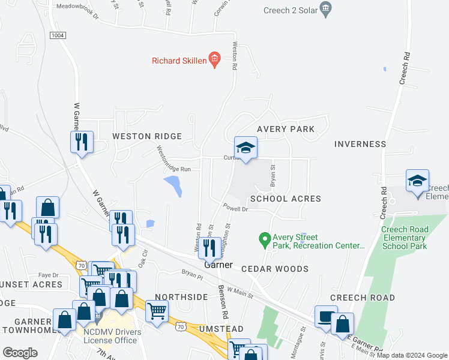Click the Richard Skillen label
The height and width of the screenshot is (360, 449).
click(x=178, y=60)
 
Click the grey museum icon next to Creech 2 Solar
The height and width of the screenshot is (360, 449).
click(x=326, y=8)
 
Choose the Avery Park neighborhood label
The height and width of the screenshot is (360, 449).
click(x=286, y=129)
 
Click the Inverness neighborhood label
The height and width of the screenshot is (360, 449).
click(x=360, y=144)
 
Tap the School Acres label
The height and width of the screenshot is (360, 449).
click(x=286, y=199)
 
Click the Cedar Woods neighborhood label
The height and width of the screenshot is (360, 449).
click(x=275, y=269)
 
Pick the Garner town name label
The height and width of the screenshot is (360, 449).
click(x=218, y=265)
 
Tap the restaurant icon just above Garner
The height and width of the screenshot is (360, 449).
click(x=209, y=247)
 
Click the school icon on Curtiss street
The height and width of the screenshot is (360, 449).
click(x=246, y=148)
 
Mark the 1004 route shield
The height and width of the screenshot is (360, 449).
click(x=58, y=35)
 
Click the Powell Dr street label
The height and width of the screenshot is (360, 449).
click(x=235, y=209)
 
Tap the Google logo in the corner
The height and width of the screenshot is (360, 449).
click(x=20, y=353)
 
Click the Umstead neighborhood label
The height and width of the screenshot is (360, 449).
click(x=222, y=329)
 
